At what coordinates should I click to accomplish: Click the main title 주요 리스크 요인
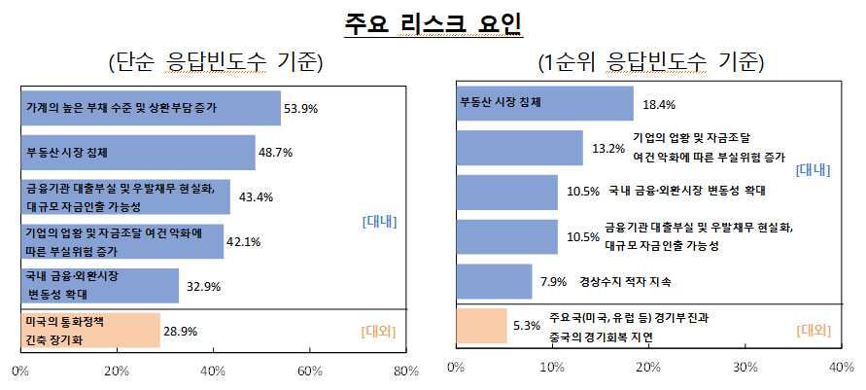click(433, 24)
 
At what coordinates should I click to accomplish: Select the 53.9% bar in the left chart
click(150, 107)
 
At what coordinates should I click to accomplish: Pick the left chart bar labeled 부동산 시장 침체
click(137, 152)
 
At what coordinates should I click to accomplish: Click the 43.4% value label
click(256, 197)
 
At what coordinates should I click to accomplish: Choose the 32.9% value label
click(203, 286)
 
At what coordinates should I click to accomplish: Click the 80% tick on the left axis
click(405, 371)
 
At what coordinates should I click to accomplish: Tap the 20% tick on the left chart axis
click(117, 371)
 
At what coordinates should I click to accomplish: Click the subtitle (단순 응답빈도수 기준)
click(215, 64)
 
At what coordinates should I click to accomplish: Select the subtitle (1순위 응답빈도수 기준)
click(650, 64)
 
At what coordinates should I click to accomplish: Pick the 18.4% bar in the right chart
click(544, 104)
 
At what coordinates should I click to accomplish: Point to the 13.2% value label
click(607, 149)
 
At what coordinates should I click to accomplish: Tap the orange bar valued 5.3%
click(481, 326)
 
